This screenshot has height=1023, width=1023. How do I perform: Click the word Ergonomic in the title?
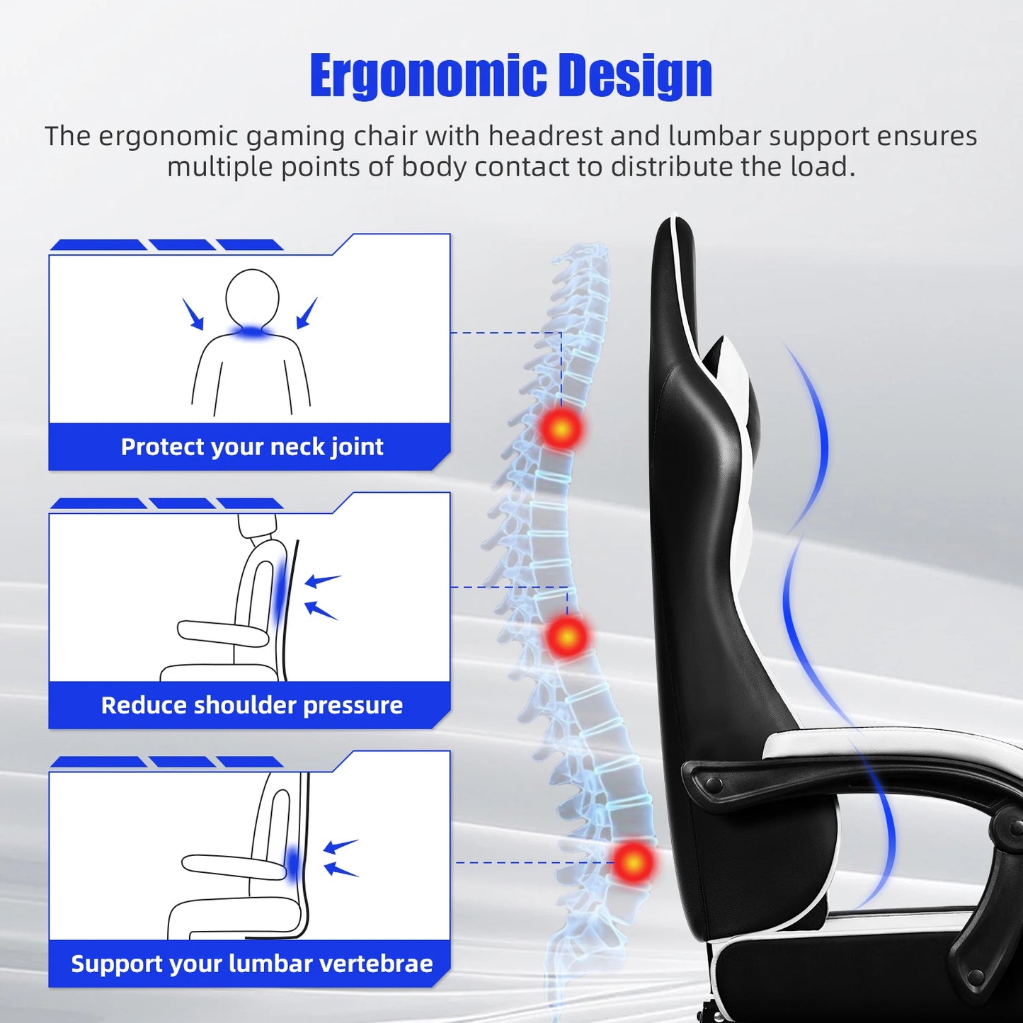(x=428, y=76)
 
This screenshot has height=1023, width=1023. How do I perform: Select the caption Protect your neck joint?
(x=252, y=447)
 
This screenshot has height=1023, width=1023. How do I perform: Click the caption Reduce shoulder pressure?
(x=252, y=705)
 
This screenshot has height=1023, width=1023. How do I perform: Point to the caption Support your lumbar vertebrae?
(x=252, y=964)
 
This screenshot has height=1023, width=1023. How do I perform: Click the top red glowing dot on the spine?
(x=561, y=428)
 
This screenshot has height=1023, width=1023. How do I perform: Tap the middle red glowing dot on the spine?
(x=567, y=636)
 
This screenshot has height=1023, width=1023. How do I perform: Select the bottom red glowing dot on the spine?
(x=633, y=862)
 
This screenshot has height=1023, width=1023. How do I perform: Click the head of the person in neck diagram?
(x=252, y=297)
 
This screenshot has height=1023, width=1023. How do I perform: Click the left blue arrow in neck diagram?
(x=193, y=314)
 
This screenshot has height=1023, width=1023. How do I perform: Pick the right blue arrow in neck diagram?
(x=307, y=313)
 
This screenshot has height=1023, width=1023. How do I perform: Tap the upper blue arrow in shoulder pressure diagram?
(x=322, y=581)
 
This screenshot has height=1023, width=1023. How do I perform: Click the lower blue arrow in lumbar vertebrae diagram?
(x=341, y=869)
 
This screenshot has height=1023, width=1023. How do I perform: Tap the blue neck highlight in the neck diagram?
(x=252, y=331)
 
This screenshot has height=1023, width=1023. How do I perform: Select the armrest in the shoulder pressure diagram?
(x=222, y=631)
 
